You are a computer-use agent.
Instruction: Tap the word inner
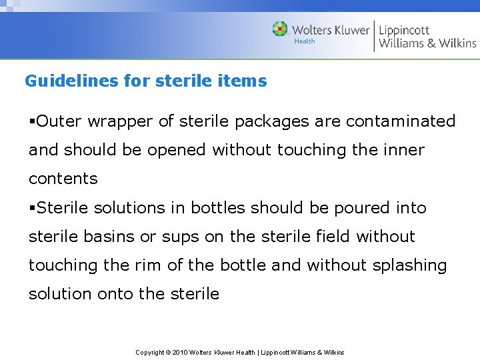[x=404, y=150]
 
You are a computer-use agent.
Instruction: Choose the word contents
[x=63, y=179]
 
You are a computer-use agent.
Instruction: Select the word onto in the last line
[x=115, y=294]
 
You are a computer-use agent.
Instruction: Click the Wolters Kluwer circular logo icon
[x=280, y=29]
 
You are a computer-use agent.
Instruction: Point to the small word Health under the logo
[x=305, y=41]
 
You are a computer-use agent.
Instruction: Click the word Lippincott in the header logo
[x=405, y=30]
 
